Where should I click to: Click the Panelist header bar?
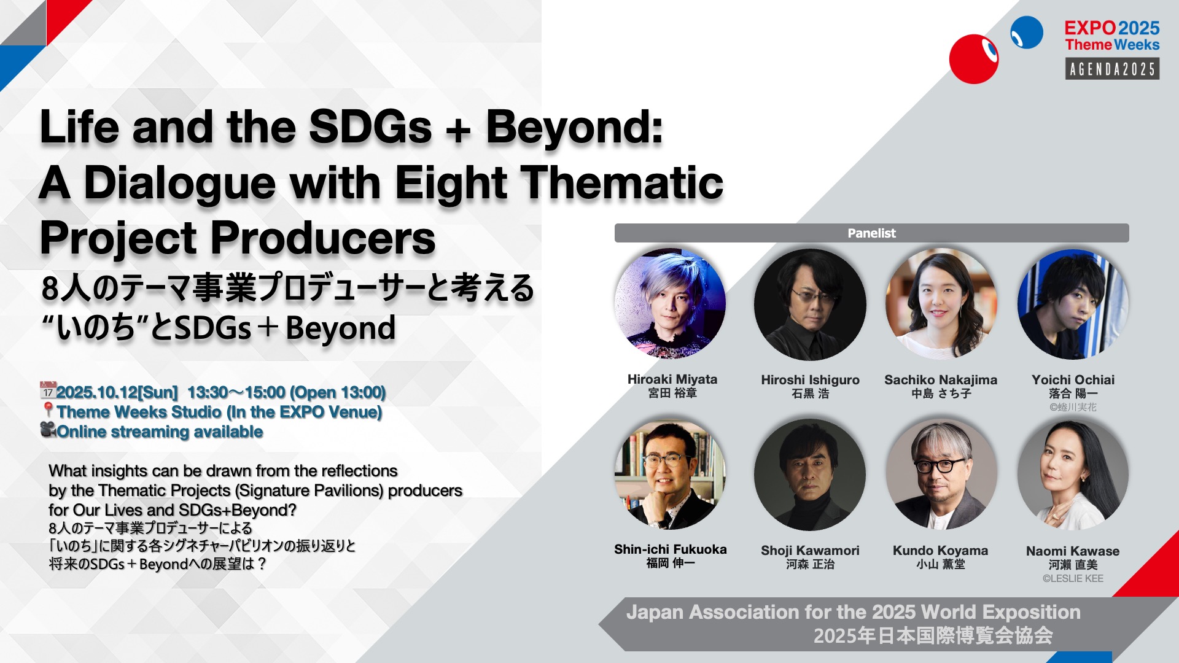click(x=871, y=233)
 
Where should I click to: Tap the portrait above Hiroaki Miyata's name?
click(x=671, y=304)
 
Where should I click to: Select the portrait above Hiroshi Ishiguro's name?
click(x=810, y=304)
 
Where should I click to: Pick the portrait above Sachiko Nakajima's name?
click(x=941, y=304)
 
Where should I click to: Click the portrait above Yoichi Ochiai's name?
click(x=1073, y=304)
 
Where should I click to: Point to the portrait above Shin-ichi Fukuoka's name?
click(x=671, y=475)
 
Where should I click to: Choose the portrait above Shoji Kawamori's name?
click(x=810, y=475)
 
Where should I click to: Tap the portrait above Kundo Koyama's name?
click(x=941, y=475)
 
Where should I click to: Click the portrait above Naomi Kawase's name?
click(x=1073, y=475)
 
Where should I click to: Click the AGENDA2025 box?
click(x=1112, y=69)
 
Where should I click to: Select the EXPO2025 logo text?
click(x=1112, y=28)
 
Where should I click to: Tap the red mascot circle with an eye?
click(x=974, y=59)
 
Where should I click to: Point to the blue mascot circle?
click(x=1027, y=33)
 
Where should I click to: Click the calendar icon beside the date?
click(x=48, y=390)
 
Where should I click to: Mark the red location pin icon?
click(x=49, y=410)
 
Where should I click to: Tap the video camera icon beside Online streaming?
click(x=49, y=429)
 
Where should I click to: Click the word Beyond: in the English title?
click(x=575, y=128)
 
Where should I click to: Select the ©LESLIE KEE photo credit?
click(x=1073, y=578)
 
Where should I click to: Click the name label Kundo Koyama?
click(x=941, y=551)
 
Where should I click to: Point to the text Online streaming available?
click(x=160, y=432)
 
